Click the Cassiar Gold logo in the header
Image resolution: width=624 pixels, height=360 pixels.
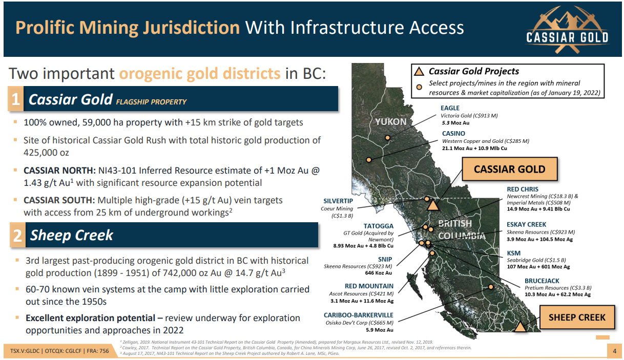pyautogui.click(x=567, y=29)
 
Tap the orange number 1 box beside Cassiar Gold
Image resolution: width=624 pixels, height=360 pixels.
pyautogui.click(x=15, y=99)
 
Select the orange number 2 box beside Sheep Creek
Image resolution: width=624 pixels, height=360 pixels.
pyautogui.click(x=17, y=235)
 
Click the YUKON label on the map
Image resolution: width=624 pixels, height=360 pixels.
pyautogui.click(x=390, y=122)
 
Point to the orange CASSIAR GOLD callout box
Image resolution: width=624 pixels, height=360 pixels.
pyautogui.click(x=510, y=169)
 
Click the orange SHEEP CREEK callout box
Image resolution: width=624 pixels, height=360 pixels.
pyautogui.click(x=577, y=317)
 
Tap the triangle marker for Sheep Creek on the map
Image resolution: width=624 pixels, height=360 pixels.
pyautogui.click(x=520, y=327)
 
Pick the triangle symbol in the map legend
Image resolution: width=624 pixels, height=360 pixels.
pyautogui.click(x=419, y=72)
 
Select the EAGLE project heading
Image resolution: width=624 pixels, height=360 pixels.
pyautogui.click(x=450, y=108)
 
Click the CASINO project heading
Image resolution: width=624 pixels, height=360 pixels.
pyautogui.click(x=453, y=134)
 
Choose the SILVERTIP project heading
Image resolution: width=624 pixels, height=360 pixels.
pyautogui.click(x=338, y=201)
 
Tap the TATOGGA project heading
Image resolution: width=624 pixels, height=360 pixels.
pyautogui.click(x=378, y=226)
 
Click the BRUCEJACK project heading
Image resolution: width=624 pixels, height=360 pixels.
pyautogui.click(x=542, y=281)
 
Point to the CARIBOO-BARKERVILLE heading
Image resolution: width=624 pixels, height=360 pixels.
pyautogui.click(x=359, y=315)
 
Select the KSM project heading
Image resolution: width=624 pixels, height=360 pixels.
pyautogui.click(x=514, y=253)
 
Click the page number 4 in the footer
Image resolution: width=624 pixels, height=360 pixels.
pyautogui.click(x=615, y=351)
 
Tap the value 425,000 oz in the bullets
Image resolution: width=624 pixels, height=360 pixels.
pyautogui.click(x=46, y=153)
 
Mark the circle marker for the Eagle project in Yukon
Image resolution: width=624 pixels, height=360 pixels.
pyautogui.click(x=387, y=138)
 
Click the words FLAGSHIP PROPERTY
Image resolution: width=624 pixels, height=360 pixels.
pyautogui.click(x=151, y=102)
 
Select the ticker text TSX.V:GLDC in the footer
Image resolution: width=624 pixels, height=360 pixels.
pyautogui.click(x=25, y=351)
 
